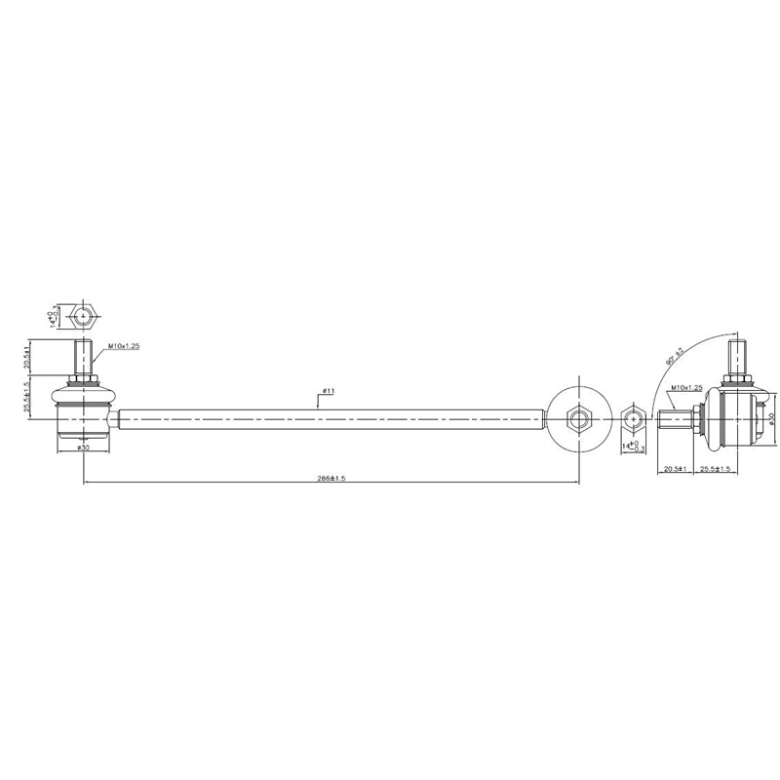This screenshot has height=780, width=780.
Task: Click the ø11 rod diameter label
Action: coord(327,391)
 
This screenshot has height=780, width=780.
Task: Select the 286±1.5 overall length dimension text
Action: coord(331,478)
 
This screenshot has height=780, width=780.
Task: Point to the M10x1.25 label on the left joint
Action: coord(124,346)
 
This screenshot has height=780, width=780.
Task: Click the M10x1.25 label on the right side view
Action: coord(686,388)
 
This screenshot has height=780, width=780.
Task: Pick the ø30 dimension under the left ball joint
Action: coord(83,448)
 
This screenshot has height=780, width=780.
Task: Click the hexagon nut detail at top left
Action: coord(84,316)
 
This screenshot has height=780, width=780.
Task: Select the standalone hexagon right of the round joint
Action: coord(633,421)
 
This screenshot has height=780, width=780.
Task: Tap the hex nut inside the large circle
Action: coord(578,419)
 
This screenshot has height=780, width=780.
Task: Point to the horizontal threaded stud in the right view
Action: coord(673,420)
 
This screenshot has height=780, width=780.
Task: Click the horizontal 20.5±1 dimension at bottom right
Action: coord(676,469)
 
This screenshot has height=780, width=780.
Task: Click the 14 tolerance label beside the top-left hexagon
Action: coord(52,315)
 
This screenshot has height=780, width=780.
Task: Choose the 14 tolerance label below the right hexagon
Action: coord(633,447)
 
